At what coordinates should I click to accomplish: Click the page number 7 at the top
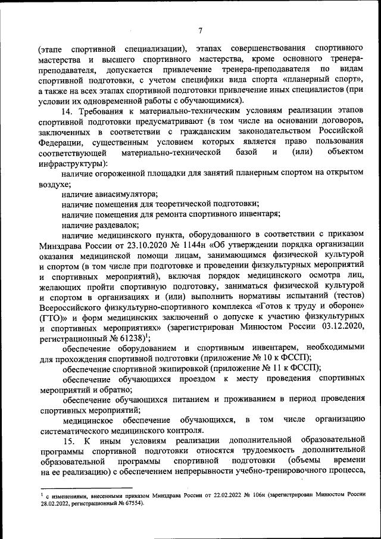click(201, 30)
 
